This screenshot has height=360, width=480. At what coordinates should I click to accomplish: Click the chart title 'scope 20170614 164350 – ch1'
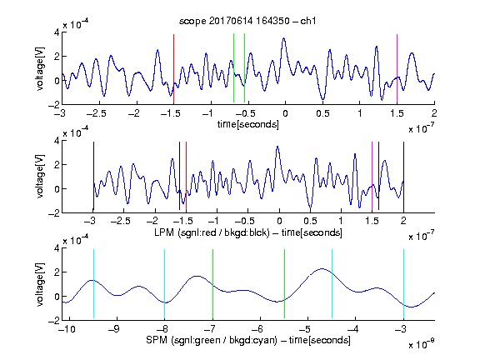247,21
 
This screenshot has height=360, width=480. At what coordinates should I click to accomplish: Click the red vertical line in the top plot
174,68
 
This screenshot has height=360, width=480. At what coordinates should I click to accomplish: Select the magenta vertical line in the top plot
397,68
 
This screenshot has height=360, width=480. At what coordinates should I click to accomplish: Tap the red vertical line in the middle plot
186,177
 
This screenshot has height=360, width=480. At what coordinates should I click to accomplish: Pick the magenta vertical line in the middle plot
372,177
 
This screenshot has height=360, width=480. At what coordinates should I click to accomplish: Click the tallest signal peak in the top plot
284,38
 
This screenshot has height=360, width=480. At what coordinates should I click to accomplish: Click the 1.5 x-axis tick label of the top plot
397,113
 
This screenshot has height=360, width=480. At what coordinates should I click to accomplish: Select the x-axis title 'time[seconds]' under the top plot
248,124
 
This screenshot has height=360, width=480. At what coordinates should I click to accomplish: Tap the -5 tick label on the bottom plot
305,329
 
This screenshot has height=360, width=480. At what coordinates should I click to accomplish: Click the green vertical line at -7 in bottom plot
212,284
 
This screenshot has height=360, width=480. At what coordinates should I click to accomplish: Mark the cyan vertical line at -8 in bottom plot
165,284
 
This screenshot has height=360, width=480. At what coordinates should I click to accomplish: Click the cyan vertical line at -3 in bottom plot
404,284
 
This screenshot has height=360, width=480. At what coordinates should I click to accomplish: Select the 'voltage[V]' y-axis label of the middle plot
40,177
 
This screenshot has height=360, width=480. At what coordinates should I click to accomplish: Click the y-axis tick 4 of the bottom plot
57,248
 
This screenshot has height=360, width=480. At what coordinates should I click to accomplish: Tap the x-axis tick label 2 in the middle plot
403,221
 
